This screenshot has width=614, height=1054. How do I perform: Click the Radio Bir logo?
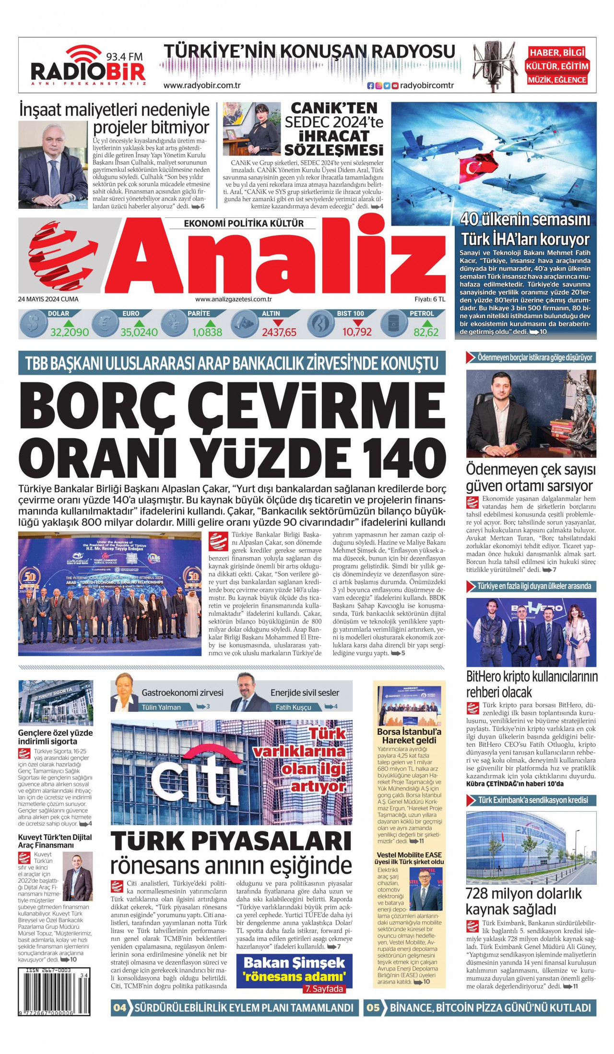pos(88,66)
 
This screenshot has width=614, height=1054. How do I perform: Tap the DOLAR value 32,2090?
pos(70,332)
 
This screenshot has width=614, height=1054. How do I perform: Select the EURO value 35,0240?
pos(139,332)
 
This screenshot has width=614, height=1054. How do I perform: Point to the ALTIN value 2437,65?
pos(279,332)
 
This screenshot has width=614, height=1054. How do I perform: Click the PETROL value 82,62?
pos(426,332)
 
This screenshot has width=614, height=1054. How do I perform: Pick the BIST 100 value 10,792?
pos(357,332)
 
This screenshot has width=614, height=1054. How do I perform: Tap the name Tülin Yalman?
pos(161,707)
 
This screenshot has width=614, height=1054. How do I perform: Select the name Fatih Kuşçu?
pos(294,707)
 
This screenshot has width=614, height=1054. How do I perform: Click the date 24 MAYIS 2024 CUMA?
pos(48,299)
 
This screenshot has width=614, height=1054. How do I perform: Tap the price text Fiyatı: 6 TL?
pos(430,299)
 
